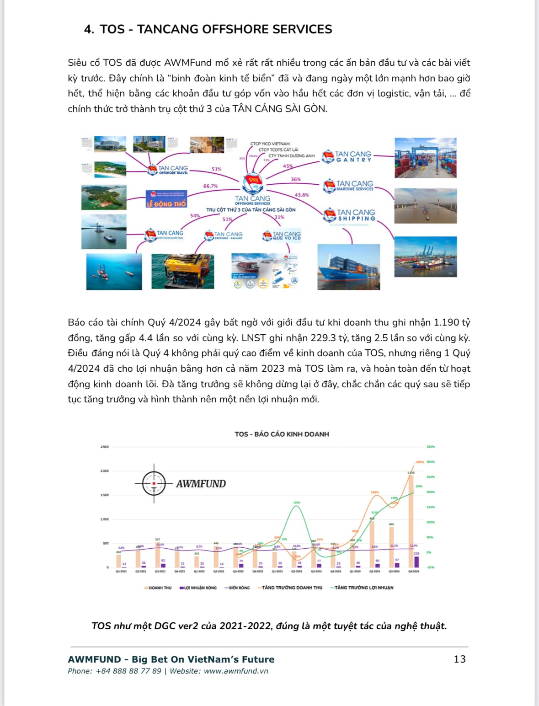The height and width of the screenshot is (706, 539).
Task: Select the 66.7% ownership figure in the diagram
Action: (x=210, y=186)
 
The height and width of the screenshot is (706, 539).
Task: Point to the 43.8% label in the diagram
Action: (x=301, y=195)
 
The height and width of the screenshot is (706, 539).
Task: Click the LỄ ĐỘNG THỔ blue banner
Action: (x=166, y=199)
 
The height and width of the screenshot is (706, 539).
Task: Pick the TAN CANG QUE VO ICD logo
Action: (x=282, y=235)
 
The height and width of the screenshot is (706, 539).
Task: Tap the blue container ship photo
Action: (x=348, y=267)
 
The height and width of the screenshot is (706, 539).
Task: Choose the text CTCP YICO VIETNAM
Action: (x=270, y=144)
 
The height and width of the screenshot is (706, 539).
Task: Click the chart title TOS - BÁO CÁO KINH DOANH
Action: (x=282, y=434)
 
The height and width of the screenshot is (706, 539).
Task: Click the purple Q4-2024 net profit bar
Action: (x=416, y=562)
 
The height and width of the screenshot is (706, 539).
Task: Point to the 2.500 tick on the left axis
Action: (x=105, y=447)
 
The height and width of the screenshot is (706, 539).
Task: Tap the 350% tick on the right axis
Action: (x=430, y=447)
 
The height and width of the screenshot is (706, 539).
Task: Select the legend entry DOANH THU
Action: (x=158, y=588)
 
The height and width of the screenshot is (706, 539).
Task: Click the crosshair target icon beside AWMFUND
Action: (x=154, y=483)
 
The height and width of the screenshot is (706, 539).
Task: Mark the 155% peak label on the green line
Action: (x=297, y=503)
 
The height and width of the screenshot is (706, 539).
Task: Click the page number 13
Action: (x=459, y=659)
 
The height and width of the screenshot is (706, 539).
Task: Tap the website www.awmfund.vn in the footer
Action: (x=236, y=671)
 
